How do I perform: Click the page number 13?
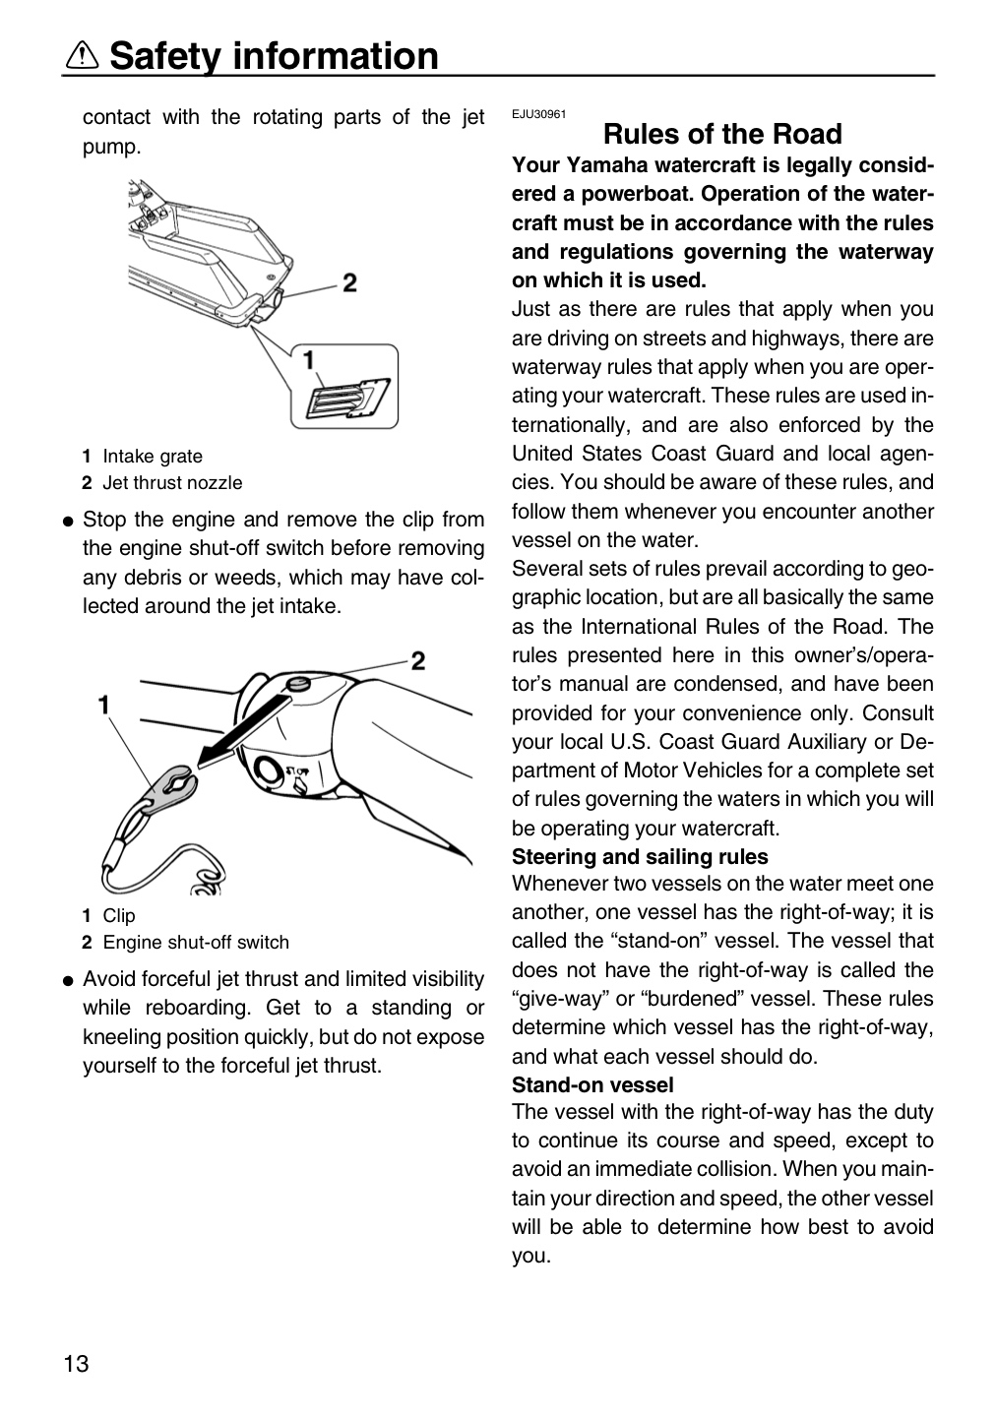76,1363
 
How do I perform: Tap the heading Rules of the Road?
722,134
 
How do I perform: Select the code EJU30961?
539,114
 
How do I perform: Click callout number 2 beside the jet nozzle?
349,281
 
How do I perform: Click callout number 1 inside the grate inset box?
309,360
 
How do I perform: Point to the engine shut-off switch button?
297,683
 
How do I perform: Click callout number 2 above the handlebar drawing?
418,661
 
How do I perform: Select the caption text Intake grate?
153,457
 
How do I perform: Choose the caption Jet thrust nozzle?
172,482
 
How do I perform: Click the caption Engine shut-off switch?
196,942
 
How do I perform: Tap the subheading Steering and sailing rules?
640,856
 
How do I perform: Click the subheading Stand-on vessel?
592,1084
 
